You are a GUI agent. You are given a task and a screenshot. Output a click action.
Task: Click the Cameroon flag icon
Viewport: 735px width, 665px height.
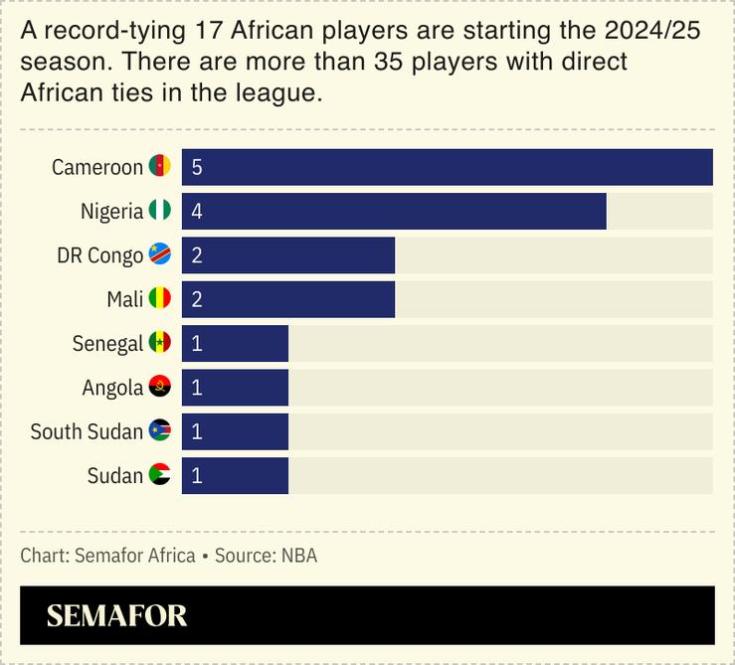(159, 167)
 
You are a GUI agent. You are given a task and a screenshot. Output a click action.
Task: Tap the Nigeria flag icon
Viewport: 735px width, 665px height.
(159, 211)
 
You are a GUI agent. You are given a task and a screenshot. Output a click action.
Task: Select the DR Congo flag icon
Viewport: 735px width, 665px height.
(159, 255)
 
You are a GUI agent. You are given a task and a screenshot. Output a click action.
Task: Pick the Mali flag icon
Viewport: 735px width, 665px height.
(159, 299)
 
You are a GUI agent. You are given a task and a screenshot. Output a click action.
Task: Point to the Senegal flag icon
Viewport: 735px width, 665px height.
(159, 343)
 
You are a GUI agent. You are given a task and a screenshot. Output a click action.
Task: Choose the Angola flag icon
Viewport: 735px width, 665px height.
(159, 387)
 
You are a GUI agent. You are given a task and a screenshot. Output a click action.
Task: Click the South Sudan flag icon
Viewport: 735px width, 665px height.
(159, 431)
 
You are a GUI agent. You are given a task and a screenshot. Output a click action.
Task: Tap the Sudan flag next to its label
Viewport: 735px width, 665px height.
(159, 475)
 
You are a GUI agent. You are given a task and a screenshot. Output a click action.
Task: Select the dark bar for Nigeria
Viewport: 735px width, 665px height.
(394, 211)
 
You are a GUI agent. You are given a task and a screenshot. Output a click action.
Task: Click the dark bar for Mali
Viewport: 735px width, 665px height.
(288, 299)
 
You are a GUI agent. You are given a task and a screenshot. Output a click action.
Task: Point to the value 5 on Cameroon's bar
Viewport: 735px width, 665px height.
(197, 167)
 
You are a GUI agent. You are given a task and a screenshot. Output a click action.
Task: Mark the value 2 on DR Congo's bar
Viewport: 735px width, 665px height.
(197, 255)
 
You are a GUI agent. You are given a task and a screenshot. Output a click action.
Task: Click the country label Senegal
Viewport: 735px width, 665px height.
(107, 343)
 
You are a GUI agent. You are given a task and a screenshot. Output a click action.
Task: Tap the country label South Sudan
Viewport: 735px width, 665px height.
(87, 431)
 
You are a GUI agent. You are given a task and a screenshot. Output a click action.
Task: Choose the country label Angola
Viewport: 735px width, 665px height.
(112, 387)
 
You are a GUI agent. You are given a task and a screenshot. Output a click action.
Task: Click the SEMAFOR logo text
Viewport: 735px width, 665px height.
(116, 615)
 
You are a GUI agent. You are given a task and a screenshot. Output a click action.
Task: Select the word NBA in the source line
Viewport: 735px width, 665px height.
(298, 556)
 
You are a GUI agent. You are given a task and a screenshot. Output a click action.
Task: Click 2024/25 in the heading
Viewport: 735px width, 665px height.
(652, 32)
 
